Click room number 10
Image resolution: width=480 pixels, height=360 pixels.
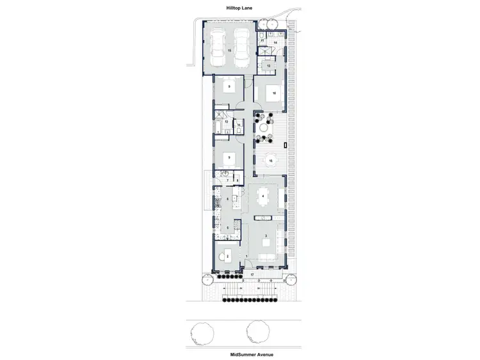[x=273, y=93]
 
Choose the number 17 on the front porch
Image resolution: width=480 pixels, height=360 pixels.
[x=252, y=275]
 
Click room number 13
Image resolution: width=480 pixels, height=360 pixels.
[x=268, y=66]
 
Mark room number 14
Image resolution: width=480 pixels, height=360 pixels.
[x=276, y=42]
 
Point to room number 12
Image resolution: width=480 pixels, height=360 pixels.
[x=226, y=121]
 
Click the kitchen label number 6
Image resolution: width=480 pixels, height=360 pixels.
[x=227, y=200]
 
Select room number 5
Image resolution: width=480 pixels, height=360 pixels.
[x=227, y=228]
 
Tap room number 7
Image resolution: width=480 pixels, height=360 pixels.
[x=227, y=181]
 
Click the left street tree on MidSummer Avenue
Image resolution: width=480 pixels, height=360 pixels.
[x=202, y=333]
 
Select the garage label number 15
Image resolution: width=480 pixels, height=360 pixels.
[x=229, y=50]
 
